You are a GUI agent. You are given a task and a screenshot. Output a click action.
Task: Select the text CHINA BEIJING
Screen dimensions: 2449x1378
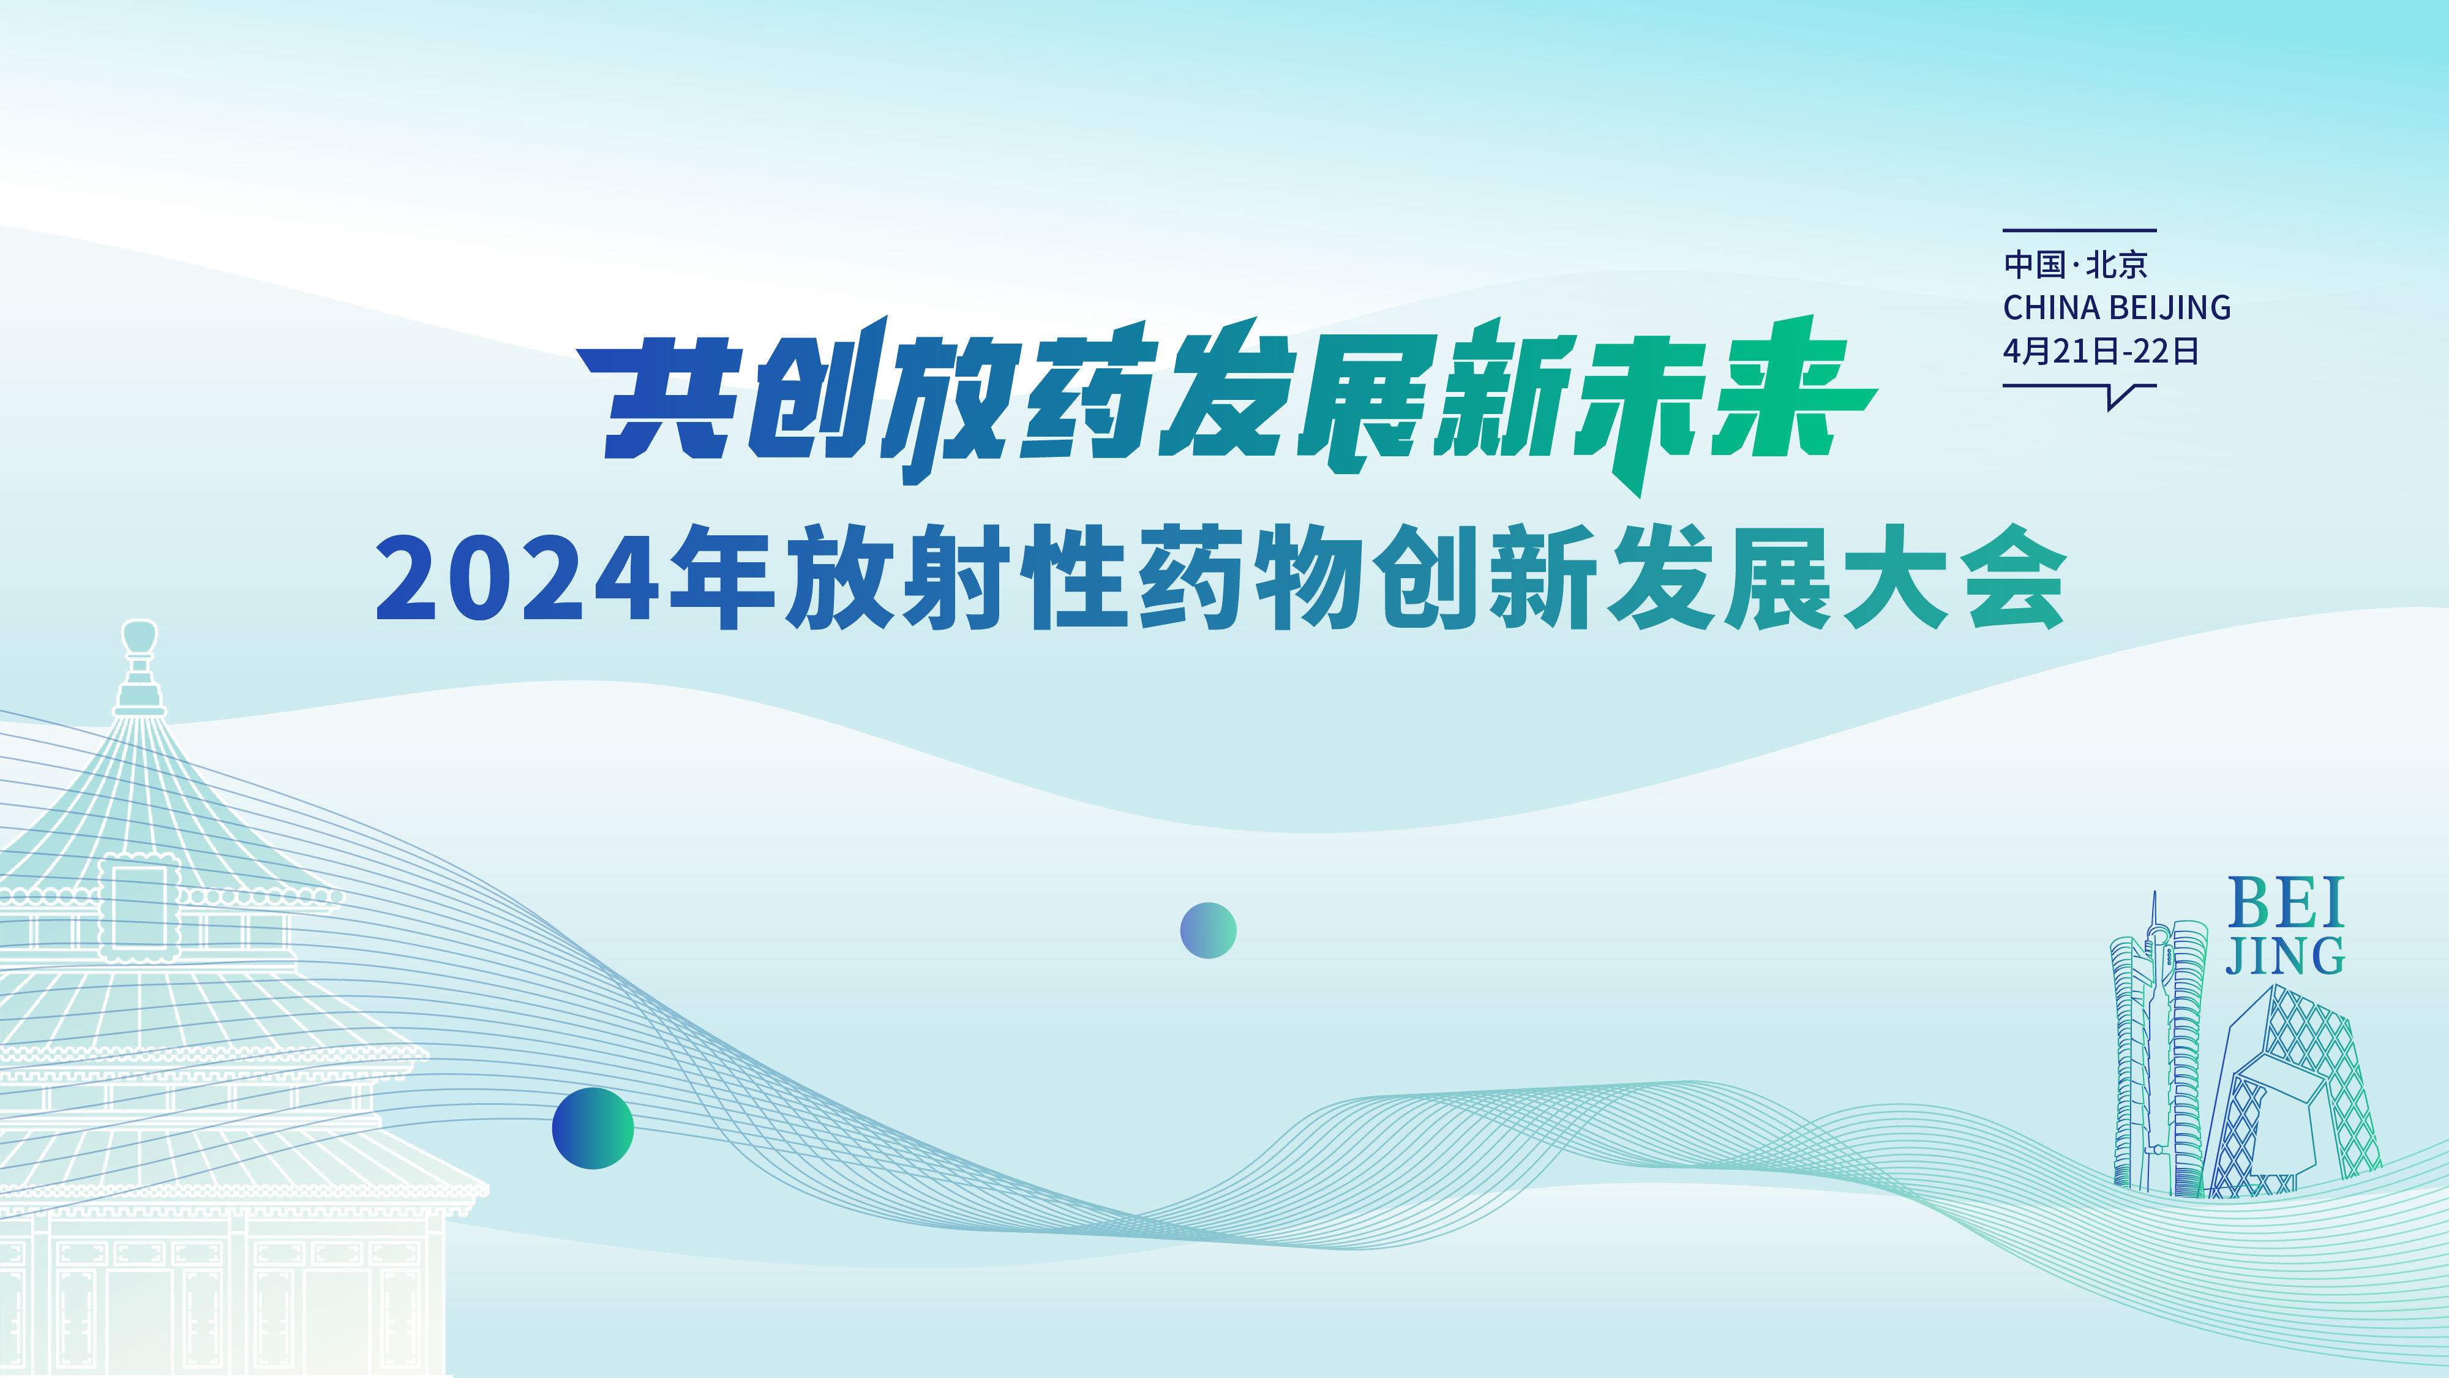pyautogui.click(x=2117, y=308)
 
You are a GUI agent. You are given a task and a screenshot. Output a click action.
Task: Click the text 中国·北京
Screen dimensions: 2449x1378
pyautogui.click(x=2076, y=265)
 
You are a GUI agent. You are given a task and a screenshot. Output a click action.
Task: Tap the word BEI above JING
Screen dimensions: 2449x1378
pyautogui.click(x=2286, y=903)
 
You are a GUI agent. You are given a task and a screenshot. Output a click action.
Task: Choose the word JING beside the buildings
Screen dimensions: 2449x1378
pyautogui.click(x=2286, y=956)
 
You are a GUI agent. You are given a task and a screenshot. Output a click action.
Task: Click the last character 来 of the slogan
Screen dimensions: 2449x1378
pyautogui.click(x=1787, y=390)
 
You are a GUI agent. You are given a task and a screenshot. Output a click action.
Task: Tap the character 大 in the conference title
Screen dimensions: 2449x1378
pyautogui.click(x=1897, y=578)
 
